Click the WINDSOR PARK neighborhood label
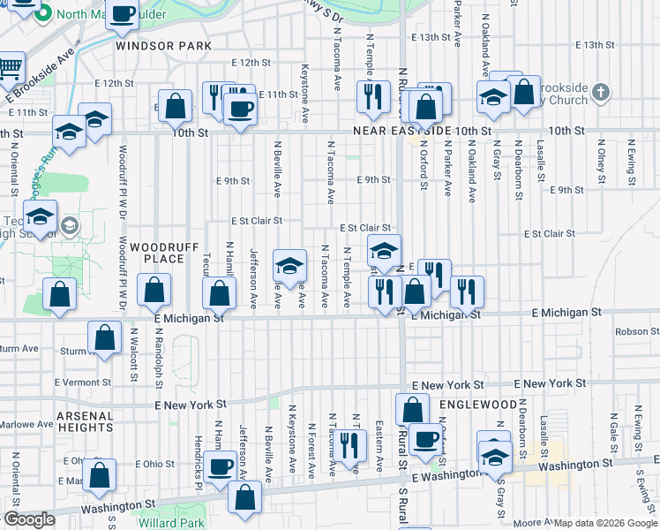click(163, 45)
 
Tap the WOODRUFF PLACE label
click(163, 254)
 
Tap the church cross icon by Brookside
click(599, 91)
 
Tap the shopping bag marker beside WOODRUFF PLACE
click(154, 290)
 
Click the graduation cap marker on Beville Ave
click(289, 265)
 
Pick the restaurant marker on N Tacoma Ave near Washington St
click(351, 445)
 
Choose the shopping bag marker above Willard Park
click(244, 496)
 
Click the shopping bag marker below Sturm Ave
click(104, 338)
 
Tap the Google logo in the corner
click(29, 519)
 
